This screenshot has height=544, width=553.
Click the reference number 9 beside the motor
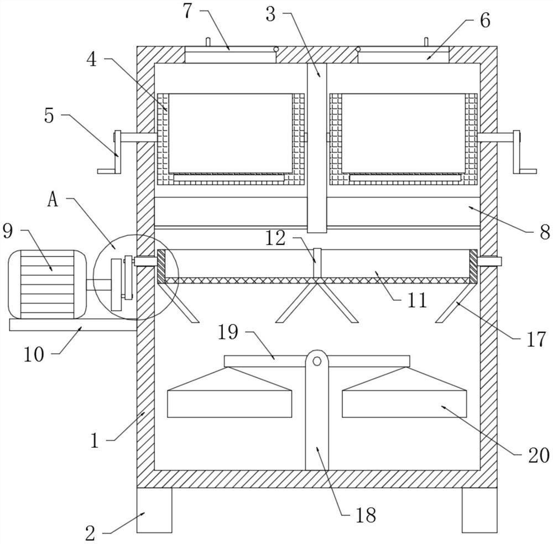pos(8,231)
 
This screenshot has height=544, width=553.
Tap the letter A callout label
pos(53,200)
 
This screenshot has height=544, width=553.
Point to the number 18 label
pos(366,515)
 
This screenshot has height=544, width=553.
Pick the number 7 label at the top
pos(189,11)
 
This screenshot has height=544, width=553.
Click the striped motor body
pos(48,285)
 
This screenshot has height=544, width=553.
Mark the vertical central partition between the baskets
pos(317,147)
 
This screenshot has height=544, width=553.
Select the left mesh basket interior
pos(230,133)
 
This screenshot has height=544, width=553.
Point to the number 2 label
pos(91,533)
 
